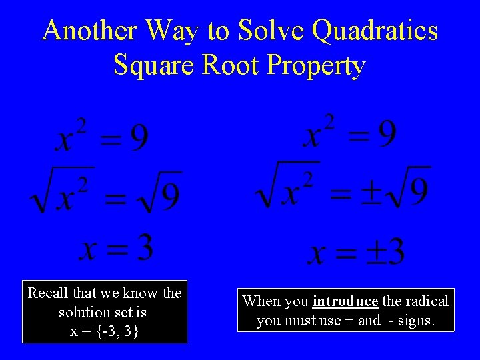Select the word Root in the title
coord(231,65)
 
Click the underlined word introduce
coord(345,301)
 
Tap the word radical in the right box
coord(427,301)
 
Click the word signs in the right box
coord(416,321)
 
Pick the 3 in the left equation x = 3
coord(141,248)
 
